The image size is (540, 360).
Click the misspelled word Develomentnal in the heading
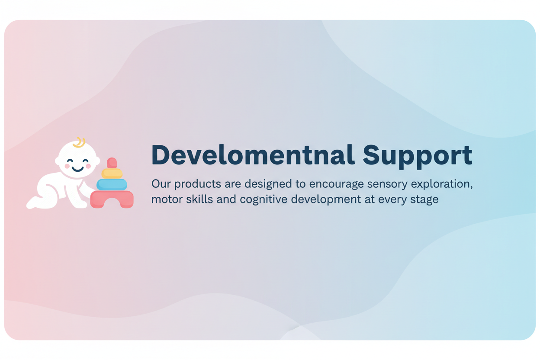click(253, 155)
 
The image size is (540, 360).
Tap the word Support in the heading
click(417, 157)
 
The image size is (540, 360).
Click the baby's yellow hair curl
click(80, 143)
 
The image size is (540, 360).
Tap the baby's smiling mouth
click(77, 169)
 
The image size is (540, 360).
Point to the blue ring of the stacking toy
click(112, 185)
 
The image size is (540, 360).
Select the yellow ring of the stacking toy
click(112, 174)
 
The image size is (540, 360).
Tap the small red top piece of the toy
click(112, 163)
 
